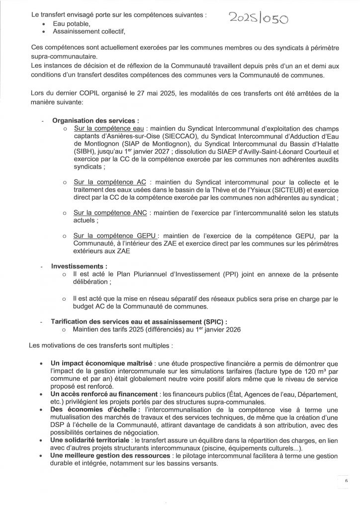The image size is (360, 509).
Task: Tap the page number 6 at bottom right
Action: (x=346, y=481)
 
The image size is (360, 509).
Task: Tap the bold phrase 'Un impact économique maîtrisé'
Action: (x=101, y=364)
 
